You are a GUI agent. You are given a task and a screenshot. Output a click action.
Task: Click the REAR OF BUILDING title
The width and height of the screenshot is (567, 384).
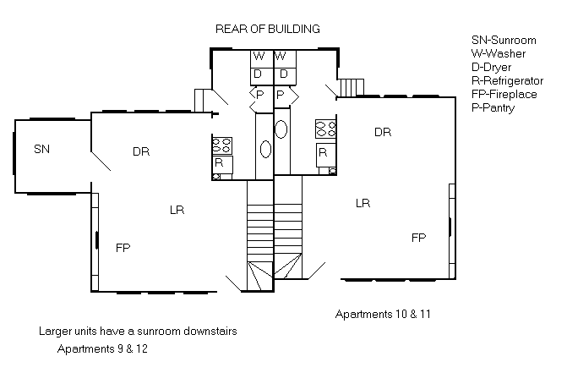click(x=268, y=29)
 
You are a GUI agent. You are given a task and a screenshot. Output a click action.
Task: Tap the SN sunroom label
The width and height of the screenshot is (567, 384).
click(x=42, y=149)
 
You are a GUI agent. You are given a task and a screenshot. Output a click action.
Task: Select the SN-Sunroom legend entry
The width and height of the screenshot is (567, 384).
click(x=504, y=40)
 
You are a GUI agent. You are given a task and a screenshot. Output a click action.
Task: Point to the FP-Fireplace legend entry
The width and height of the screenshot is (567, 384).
click(x=504, y=94)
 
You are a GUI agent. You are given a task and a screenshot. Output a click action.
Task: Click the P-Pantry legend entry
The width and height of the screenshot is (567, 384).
click(x=493, y=108)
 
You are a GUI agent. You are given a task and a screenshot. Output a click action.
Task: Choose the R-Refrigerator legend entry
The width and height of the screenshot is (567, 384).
click(x=507, y=80)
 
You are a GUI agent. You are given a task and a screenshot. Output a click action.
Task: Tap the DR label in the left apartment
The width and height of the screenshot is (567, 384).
click(x=141, y=151)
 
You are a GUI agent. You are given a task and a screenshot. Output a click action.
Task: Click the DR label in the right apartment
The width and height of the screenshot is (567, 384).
click(x=383, y=132)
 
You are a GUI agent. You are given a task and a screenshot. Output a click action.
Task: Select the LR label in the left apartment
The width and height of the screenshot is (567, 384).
click(x=177, y=210)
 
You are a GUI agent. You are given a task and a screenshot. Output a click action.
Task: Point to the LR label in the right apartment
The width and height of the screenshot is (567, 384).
click(x=363, y=203)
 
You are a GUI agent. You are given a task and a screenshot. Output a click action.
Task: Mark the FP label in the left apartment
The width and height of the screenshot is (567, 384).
click(x=123, y=248)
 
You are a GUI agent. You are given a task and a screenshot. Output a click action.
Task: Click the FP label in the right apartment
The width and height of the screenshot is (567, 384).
click(x=419, y=238)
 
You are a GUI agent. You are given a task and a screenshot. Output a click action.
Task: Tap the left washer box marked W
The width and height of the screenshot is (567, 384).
click(x=262, y=58)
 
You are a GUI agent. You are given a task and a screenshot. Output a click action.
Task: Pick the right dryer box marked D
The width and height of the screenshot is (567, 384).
click(x=286, y=75)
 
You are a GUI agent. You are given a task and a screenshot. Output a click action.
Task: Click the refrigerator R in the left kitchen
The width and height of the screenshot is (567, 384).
click(x=222, y=165)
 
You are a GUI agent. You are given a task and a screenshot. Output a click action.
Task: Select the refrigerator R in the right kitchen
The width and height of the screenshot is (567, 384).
click(x=326, y=155)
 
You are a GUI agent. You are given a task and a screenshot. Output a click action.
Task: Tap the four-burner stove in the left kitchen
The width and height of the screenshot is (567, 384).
click(x=222, y=145)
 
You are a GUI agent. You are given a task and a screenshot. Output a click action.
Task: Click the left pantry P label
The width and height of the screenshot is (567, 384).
click(x=259, y=95)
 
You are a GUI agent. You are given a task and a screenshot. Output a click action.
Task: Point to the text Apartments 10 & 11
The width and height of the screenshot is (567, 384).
click(x=383, y=314)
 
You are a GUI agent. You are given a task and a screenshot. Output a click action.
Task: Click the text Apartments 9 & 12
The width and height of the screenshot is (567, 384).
click(x=102, y=348)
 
